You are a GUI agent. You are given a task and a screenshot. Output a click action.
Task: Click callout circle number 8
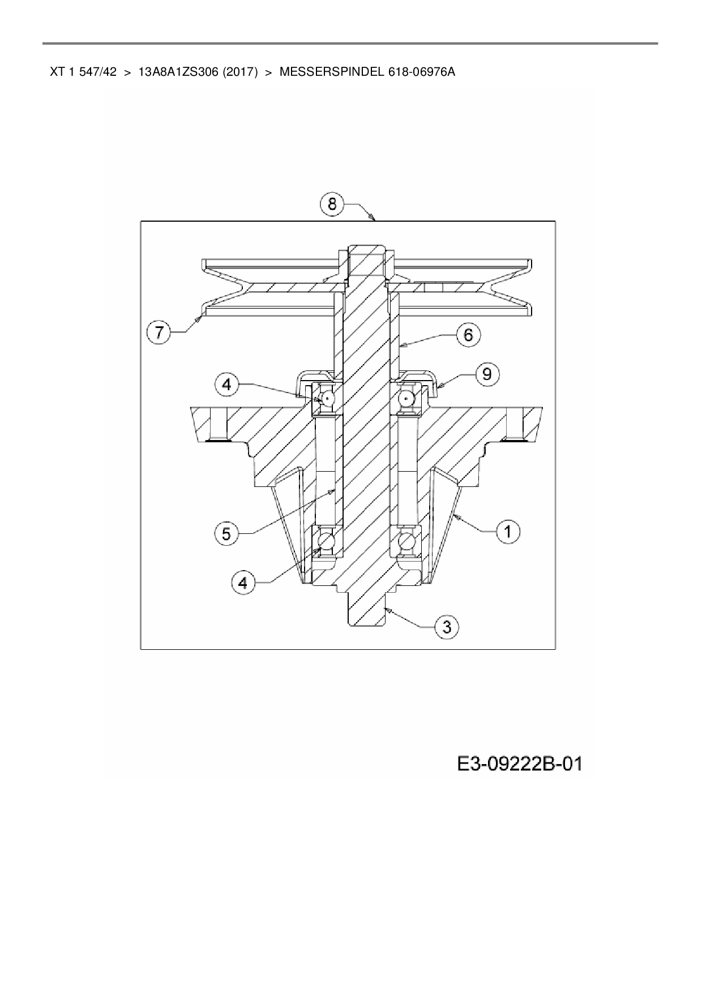(x=332, y=203)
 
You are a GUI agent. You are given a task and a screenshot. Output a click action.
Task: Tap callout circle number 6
(x=468, y=335)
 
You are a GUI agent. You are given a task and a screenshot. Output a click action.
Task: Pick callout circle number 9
(x=487, y=374)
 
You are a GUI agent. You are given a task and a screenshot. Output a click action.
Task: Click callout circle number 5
(x=226, y=533)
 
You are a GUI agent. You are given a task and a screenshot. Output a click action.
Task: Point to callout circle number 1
(x=508, y=532)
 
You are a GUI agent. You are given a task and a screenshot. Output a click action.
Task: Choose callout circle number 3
(x=447, y=627)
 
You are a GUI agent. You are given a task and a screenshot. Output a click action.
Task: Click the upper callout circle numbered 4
(x=226, y=385)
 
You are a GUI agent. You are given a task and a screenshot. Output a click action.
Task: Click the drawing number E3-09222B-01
(x=520, y=765)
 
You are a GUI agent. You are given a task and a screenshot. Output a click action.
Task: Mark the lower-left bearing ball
(x=328, y=540)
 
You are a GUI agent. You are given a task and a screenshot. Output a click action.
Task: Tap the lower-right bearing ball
(x=406, y=540)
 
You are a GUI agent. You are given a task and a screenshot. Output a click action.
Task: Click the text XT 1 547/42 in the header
(x=83, y=72)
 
